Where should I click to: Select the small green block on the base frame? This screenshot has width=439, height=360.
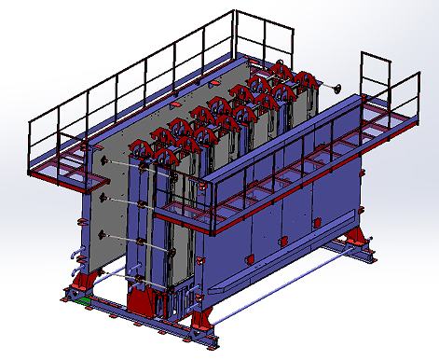click(x=86, y=300)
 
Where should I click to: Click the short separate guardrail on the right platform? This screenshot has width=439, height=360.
click(x=377, y=75)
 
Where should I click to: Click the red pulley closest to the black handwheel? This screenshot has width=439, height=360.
click(x=303, y=82)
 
